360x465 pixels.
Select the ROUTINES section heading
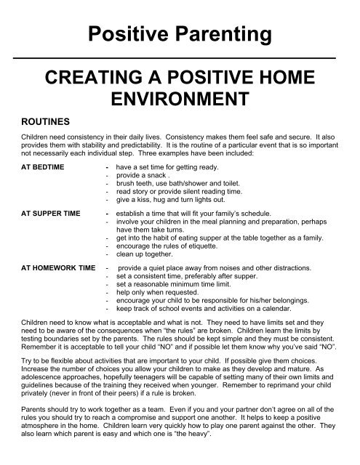click(42, 124)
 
